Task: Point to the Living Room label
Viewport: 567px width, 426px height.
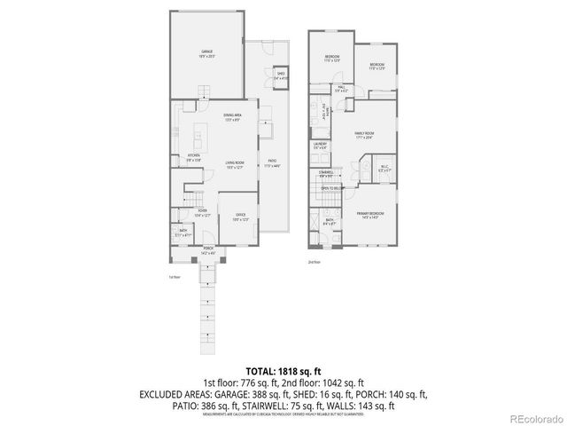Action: coord(235,164)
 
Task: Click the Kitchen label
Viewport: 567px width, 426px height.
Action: coord(194,157)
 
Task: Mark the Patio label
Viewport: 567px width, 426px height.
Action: coord(273,162)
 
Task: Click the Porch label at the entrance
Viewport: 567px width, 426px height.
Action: coord(208,250)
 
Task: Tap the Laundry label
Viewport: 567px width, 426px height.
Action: coord(320,145)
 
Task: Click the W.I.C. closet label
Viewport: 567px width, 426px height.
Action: coord(384,167)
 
